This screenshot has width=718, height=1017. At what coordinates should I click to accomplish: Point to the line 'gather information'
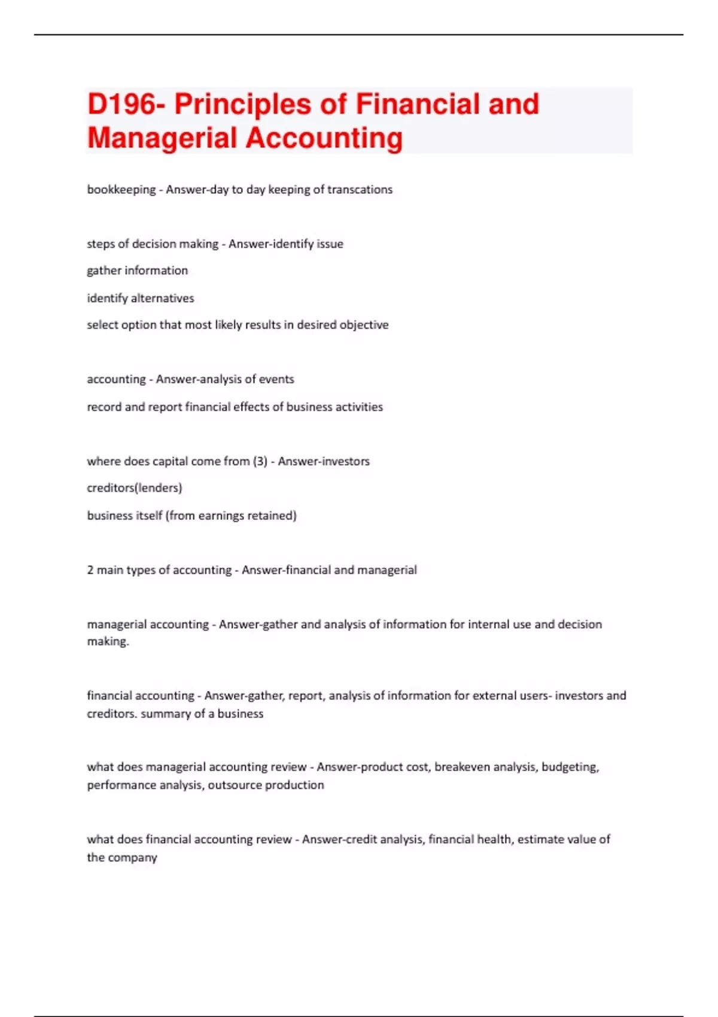tap(137, 270)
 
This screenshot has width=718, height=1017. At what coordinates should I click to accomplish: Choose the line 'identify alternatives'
tap(141, 298)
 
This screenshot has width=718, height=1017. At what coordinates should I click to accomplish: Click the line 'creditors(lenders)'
tap(135, 488)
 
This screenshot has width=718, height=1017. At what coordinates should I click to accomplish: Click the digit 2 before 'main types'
tap(90, 570)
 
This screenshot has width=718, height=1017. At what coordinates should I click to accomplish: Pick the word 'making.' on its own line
tap(108, 642)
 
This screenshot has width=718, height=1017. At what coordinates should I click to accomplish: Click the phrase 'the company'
tap(122, 857)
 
